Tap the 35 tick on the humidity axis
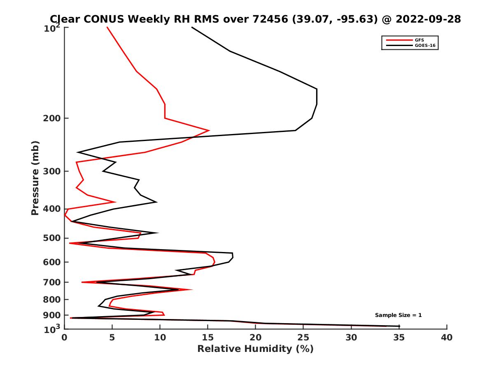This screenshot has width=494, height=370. pos(399,338)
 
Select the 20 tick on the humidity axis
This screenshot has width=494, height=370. pos(256,338)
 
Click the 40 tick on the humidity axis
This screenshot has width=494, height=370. pos(447,338)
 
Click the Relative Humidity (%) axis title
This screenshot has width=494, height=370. pos(255,349)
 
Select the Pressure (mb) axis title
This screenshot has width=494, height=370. pos(35,178)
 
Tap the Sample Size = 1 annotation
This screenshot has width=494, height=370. pos(398,315)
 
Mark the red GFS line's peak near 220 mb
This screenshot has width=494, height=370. pos(209,130)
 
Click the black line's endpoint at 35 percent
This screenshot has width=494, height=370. pos(399,326)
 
